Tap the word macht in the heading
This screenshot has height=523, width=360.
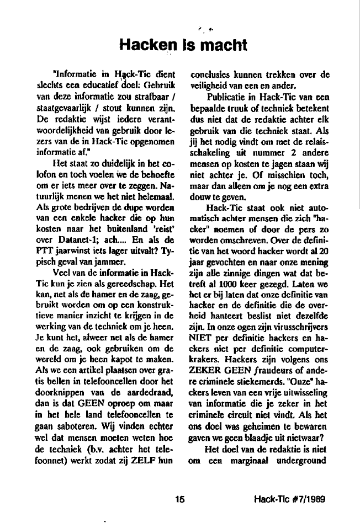[x=221, y=45]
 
